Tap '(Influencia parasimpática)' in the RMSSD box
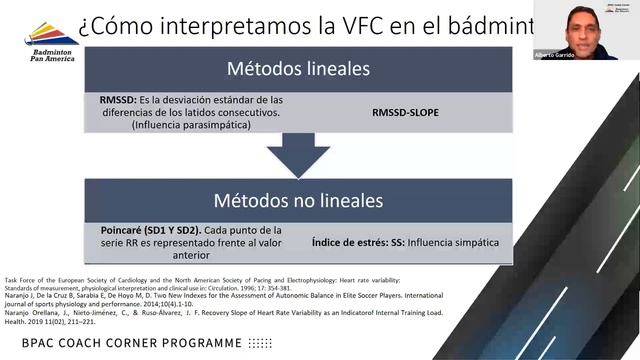[176, 126]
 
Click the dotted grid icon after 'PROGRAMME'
[258, 343]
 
